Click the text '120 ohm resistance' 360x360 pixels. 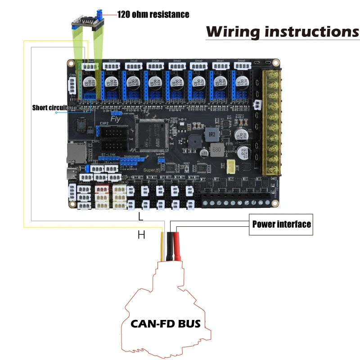pyautogui.click(x=153, y=14)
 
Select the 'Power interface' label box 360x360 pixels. pyautogui.click(x=281, y=224)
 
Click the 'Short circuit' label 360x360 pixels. pyautogui.click(x=49, y=108)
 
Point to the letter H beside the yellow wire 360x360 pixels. pyautogui.click(x=141, y=234)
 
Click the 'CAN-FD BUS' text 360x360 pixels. pyautogui.click(x=166, y=323)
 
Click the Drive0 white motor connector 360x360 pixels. pyautogui.click(x=241, y=66)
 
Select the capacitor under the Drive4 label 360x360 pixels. pyautogui.click(x=153, y=83)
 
